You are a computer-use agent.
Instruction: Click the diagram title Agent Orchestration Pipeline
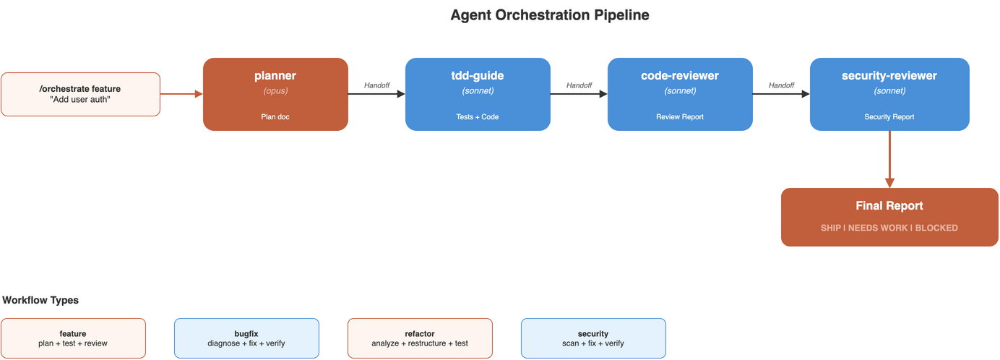pyautogui.click(x=549, y=15)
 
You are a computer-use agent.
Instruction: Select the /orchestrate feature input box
pyautogui.click(x=80, y=94)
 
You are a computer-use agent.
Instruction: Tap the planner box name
pyautogui.click(x=275, y=76)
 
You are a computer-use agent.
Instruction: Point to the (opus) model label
pyautogui.click(x=275, y=91)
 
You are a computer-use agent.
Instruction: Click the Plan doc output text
pyautogui.click(x=275, y=116)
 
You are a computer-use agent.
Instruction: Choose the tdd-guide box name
pyautogui.click(x=478, y=76)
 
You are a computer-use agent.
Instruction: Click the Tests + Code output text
pyautogui.click(x=478, y=116)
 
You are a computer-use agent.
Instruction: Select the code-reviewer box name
pyautogui.click(x=680, y=76)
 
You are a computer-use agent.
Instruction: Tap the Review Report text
pyautogui.click(x=680, y=116)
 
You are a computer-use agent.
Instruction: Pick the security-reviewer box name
pyautogui.click(x=889, y=76)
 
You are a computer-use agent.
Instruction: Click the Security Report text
pyautogui.click(x=889, y=116)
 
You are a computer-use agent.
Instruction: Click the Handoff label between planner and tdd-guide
pyautogui.click(x=376, y=85)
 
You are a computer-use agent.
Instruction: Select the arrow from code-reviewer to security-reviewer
pyautogui.click(x=781, y=94)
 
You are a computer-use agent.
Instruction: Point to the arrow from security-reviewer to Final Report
pyautogui.click(x=889, y=159)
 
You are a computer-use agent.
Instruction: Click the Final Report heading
pyautogui.click(x=889, y=206)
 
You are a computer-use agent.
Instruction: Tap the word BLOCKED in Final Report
pyautogui.click(x=936, y=228)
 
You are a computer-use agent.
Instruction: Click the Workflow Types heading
pyautogui.click(x=40, y=300)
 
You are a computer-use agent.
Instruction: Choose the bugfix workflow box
pyautogui.click(x=246, y=338)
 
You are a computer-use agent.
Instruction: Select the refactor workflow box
pyautogui.click(x=420, y=338)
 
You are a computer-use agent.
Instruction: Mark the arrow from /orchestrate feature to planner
pyautogui.click(x=181, y=94)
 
